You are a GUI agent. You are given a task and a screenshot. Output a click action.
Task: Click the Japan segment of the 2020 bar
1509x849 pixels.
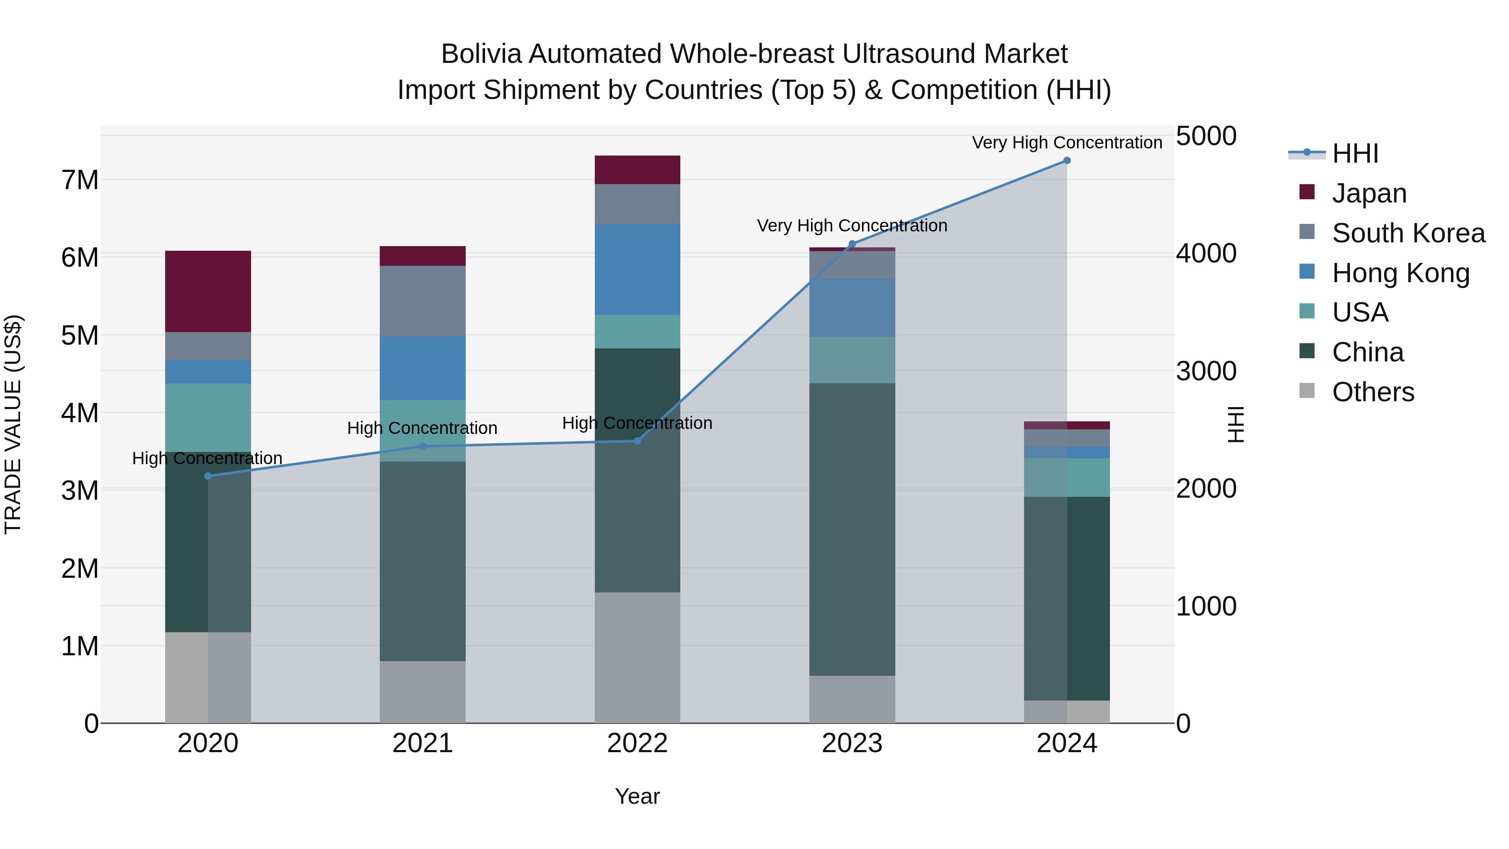(208, 291)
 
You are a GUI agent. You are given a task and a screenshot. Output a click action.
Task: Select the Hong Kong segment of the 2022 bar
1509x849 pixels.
(637, 270)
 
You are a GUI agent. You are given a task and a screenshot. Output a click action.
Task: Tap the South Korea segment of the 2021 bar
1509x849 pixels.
(423, 301)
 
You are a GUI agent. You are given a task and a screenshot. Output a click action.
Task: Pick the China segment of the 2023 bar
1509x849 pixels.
(852, 529)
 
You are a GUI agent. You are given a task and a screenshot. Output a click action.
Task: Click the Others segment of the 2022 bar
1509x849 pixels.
(637, 657)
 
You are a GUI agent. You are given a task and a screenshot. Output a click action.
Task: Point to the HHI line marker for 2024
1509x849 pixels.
(1067, 161)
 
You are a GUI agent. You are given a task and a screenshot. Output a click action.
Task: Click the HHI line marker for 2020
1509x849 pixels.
(208, 476)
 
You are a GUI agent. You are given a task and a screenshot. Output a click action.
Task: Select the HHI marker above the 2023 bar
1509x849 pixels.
(852, 244)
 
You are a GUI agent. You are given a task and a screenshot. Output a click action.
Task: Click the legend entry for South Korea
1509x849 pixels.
(1408, 233)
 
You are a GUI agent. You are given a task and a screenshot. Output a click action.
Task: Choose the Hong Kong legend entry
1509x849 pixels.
(1400, 273)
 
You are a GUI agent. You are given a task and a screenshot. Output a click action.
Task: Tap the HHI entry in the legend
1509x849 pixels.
(1355, 153)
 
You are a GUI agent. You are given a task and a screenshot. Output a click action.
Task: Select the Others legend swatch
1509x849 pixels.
(1307, 391)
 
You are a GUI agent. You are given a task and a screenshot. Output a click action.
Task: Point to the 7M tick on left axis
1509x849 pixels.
(80, 180)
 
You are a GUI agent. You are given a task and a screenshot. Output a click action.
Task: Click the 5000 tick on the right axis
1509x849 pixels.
(1206, 136)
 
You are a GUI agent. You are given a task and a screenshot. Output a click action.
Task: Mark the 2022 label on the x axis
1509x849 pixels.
(637, 743)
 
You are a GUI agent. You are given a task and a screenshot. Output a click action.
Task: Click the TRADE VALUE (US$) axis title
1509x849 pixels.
(13, 424)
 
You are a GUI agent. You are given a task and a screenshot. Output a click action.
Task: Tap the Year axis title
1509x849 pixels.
(637, 796)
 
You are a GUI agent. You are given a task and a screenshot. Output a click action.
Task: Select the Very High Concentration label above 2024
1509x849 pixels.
(1067, 143)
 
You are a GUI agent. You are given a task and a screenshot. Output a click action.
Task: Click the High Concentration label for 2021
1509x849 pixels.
(423, 428)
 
